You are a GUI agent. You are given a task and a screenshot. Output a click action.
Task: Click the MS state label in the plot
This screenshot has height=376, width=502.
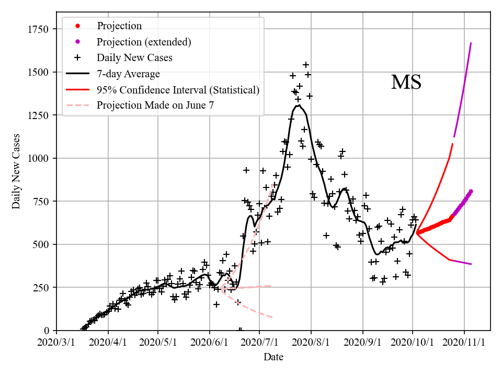coord(406,83)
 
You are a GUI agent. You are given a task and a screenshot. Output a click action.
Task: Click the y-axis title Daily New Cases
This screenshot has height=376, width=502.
coord(16,171)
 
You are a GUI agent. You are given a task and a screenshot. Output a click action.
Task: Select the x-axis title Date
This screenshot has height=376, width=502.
coord(273,357)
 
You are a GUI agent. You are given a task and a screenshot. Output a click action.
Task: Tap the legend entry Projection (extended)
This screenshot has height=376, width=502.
coord(144,42)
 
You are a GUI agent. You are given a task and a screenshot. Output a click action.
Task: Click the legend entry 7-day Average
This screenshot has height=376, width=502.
coord(128,74)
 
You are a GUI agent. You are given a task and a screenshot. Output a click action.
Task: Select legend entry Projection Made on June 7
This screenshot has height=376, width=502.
coord(155,105)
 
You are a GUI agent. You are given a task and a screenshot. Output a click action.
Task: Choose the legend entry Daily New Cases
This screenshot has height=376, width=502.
coord(134,57)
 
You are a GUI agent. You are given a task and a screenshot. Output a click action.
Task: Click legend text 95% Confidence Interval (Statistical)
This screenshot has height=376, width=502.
coord(178,90)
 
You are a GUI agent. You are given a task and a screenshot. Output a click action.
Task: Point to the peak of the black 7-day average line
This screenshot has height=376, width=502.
coord(298,105)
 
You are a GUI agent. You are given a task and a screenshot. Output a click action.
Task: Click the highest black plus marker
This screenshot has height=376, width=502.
coord(306,65)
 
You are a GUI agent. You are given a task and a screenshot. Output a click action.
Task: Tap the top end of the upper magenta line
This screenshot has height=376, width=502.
coord(471,43)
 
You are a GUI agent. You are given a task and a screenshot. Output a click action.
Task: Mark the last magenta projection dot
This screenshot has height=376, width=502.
coord(471,191)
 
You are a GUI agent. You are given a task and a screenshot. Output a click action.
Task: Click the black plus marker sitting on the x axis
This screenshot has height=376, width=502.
coord(240,330)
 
